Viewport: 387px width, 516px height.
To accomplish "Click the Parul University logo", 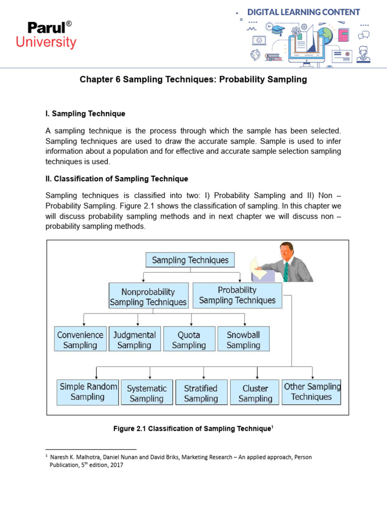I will click(46, 35).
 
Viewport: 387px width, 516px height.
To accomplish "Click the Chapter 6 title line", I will click(193, 80).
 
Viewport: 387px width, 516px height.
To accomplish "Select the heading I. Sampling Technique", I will click(85, 114).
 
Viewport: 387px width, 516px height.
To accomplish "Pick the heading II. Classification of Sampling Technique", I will click(116, 179).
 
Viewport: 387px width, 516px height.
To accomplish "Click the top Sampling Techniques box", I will click(190, 260).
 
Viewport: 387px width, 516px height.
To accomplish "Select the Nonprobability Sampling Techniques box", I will click(149, 297).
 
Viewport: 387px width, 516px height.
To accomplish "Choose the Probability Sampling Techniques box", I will click(237, 295).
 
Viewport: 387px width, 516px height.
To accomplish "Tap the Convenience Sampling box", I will click(80, 340).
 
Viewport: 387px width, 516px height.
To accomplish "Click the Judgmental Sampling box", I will click(135, 340).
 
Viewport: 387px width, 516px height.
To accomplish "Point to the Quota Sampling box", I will click(189, 340).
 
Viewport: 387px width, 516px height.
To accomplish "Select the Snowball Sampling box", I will click(243, 340).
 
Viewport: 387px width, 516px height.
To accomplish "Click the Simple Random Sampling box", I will click(88, 392).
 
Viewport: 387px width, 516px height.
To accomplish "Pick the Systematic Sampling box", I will click(147, 393).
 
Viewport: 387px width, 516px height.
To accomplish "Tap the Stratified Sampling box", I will click(201, 393).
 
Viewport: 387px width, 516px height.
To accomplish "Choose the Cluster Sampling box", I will click(255, 393).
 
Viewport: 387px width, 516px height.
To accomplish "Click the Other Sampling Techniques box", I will click(311, 392).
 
